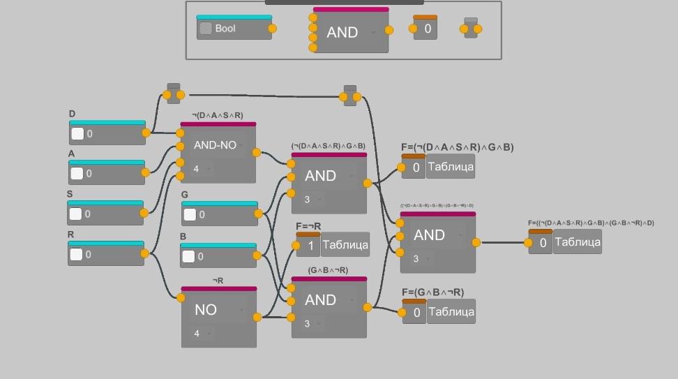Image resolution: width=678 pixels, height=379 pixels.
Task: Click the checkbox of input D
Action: [x=77, y=134]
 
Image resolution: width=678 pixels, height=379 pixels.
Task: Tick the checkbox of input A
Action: [x=77, y=174]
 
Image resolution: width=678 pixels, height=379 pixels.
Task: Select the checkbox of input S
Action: [x=76, y=214]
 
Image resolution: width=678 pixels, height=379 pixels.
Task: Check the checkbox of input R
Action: [x=76, y=254]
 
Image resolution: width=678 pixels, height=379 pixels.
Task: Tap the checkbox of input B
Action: [x=188, y=256]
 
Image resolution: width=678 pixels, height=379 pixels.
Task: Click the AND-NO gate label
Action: [x=215, y=146]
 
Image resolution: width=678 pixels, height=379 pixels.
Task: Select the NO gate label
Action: [x=206, y=310]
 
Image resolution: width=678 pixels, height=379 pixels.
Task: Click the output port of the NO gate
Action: [x=257, y=317]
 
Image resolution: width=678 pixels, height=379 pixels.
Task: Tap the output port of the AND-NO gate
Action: [x=257, y=153]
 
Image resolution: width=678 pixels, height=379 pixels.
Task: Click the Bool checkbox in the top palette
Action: [x=206, y=29]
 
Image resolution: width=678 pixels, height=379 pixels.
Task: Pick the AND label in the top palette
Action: [x=342, y=33]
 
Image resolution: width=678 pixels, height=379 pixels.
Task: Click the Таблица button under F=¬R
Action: [x=345, y=245]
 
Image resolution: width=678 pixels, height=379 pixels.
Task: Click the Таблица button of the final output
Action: [x=578, y=242]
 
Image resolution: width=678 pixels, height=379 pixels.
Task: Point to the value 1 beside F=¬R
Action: [x=310, y=246]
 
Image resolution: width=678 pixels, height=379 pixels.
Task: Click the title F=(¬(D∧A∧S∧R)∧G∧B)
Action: [x=458, y=147]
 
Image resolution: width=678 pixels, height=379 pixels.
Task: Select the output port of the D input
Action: [x=146, y=133]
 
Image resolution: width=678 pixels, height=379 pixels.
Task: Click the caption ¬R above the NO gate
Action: [x=218, y=281]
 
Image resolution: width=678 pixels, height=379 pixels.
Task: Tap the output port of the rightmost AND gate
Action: [x=476, y=243]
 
